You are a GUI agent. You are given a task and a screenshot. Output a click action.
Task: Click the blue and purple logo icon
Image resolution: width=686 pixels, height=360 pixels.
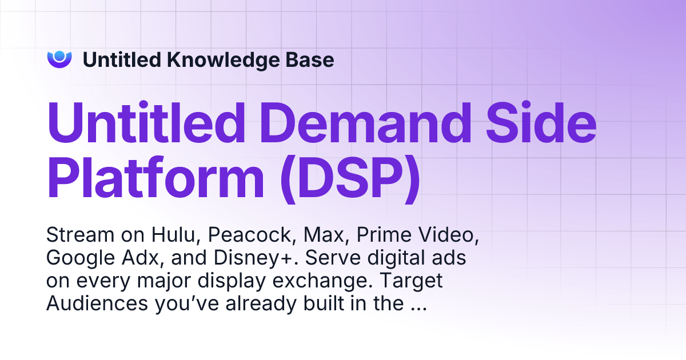[x=59, y=59]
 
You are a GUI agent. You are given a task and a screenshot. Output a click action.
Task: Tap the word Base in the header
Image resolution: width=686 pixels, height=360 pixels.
[x=312, y=60]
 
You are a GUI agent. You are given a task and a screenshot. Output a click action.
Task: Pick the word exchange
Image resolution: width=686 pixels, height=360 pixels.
[x=332, y=282]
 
